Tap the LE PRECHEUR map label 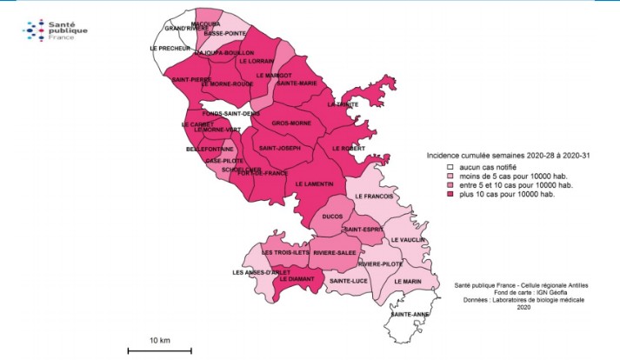pos(170,49)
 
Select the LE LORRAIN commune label pos(256,61)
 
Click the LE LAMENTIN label pos(314,184)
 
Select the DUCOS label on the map pos(331,214)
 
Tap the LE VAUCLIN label pos(406,240)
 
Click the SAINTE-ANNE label pos(408,314)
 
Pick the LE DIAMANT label pos(296,279)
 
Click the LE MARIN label pos(407,281)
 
